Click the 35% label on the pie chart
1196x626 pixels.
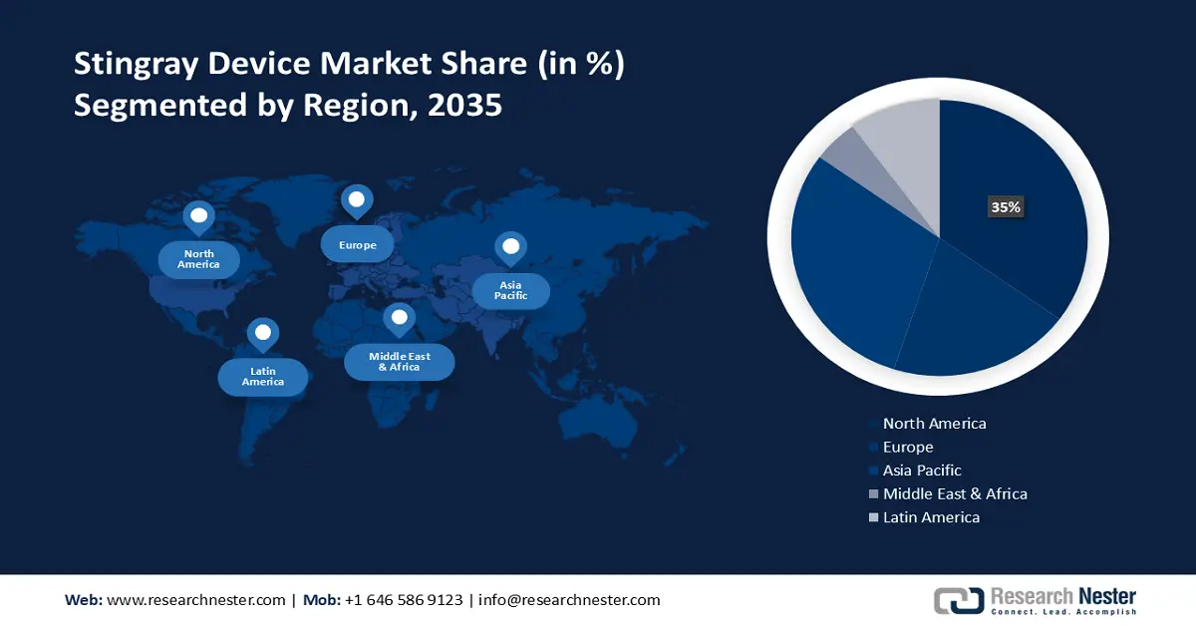pyautogui.click(x=1005, y=207)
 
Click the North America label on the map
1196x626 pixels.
pyautogui.click(x=198, y=259)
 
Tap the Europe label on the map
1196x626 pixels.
pyautogui.click(x=357, y=244)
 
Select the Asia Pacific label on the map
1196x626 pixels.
pyautogui.click(x=510, y=290)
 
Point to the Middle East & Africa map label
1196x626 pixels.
pyautogui.click(x=399, y=361)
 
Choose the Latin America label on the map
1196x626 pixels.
pyautogui.click(x=263, y=376)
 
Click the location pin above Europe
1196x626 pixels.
pyautogui.click(x=356, y=200)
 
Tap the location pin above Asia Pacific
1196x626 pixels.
pyautogui.click(x=510, y=247)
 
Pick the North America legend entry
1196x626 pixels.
pyautogui.click(x=934, y=424)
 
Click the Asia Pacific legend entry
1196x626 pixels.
pyautogui.click(x=922, y=470)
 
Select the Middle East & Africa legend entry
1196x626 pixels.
pyautogui.click(x=954, y=493)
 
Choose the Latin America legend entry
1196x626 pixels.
pyautogui.click(x=931, y=517)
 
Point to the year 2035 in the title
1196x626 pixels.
pyautogui.click(x=464, y=104)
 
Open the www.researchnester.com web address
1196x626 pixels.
pyautogui.click(x=195, y=600)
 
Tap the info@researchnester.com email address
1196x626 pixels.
pyautogui.click(x=569, y=600)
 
